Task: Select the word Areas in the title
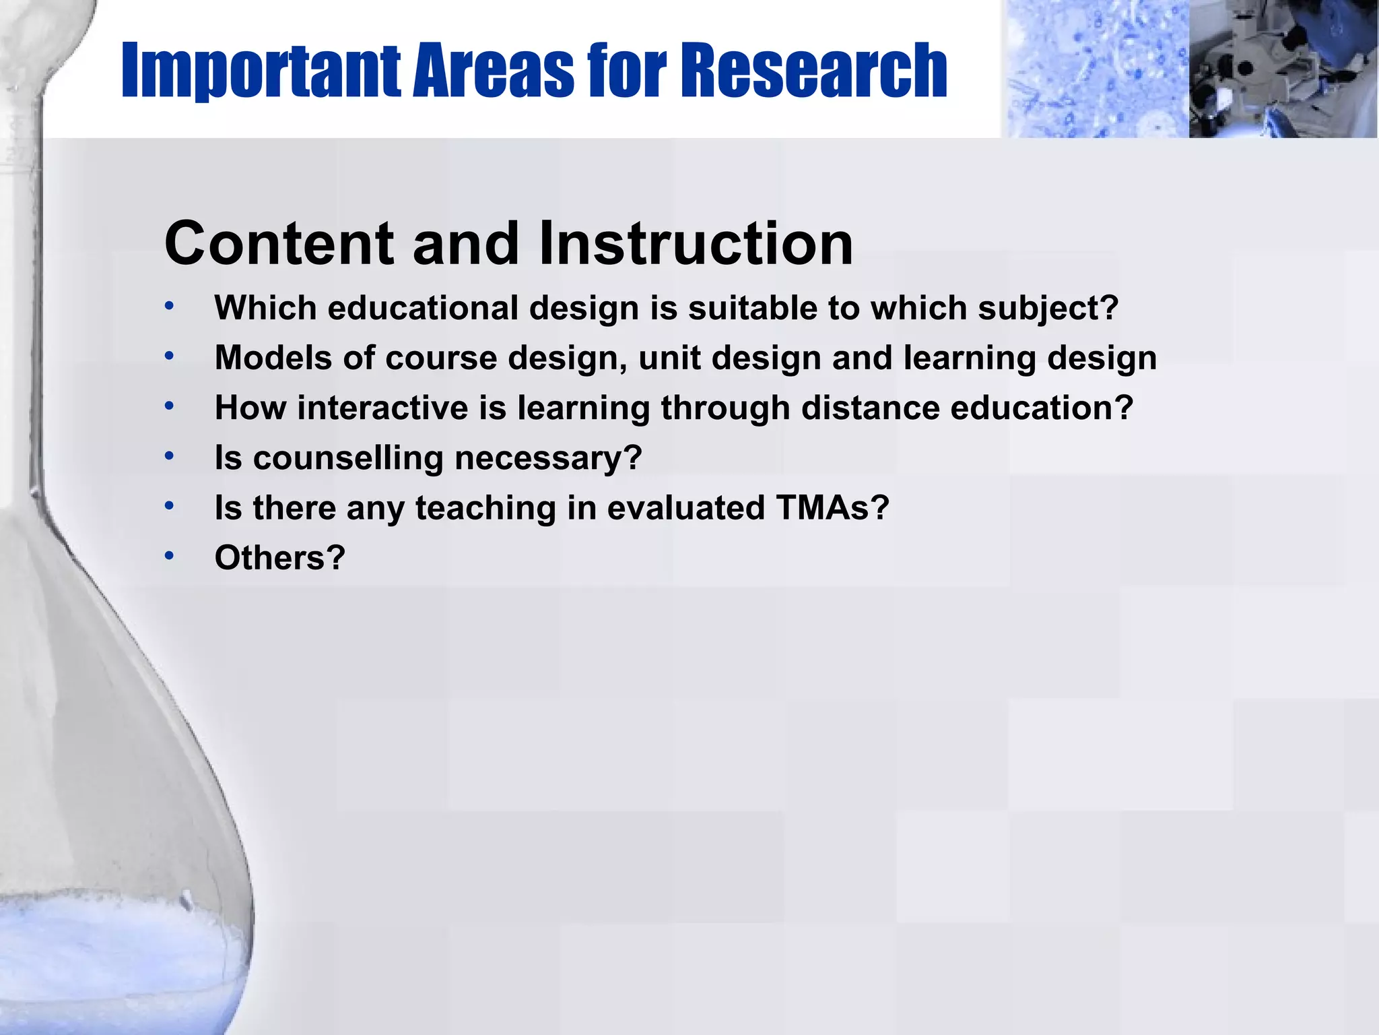(494, 70)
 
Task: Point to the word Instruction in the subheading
(696, 243)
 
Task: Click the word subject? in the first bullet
(1048, 309)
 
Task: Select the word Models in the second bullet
(273, 358)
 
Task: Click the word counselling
(347, 458)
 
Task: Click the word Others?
(279, 558)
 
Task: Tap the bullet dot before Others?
(170, 556)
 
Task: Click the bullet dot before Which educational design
(170, 307)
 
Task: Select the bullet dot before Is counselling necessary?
(170, 456)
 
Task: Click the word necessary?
(548, 458)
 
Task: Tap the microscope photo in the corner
(1283, 69)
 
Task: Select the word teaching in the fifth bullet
(485, 508)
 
